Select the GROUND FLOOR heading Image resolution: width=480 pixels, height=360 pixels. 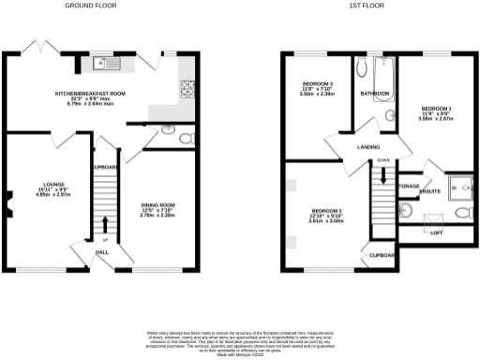click(x=90, y=6)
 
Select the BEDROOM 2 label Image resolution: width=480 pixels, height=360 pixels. click(x=326, y=211)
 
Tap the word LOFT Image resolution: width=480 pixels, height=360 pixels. click(x=436, y=232)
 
